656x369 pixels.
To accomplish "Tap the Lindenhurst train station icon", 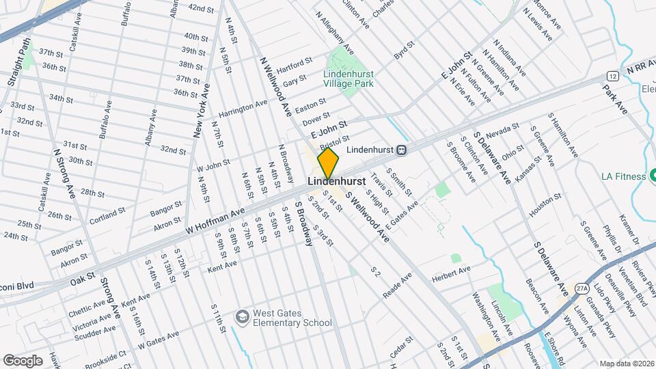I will coord(402,149).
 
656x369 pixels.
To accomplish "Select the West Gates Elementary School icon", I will coord(242,316).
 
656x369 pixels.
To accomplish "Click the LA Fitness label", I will coord(623,176).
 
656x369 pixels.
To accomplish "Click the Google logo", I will coord(23,360).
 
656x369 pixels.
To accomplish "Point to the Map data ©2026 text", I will coord(626,364).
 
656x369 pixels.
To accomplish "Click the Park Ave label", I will coord(614,99).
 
